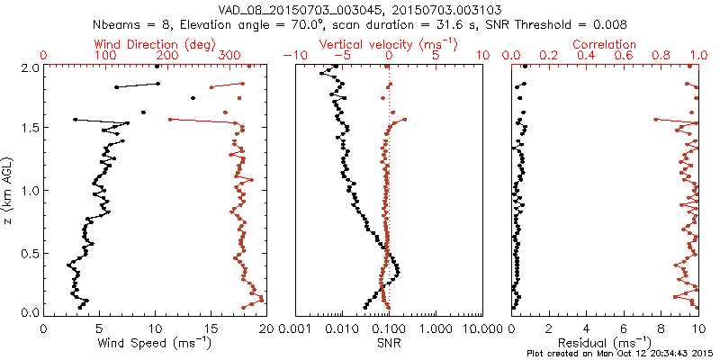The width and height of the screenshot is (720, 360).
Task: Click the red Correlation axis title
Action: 605,44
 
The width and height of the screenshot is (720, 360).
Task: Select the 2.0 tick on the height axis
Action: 29,67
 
